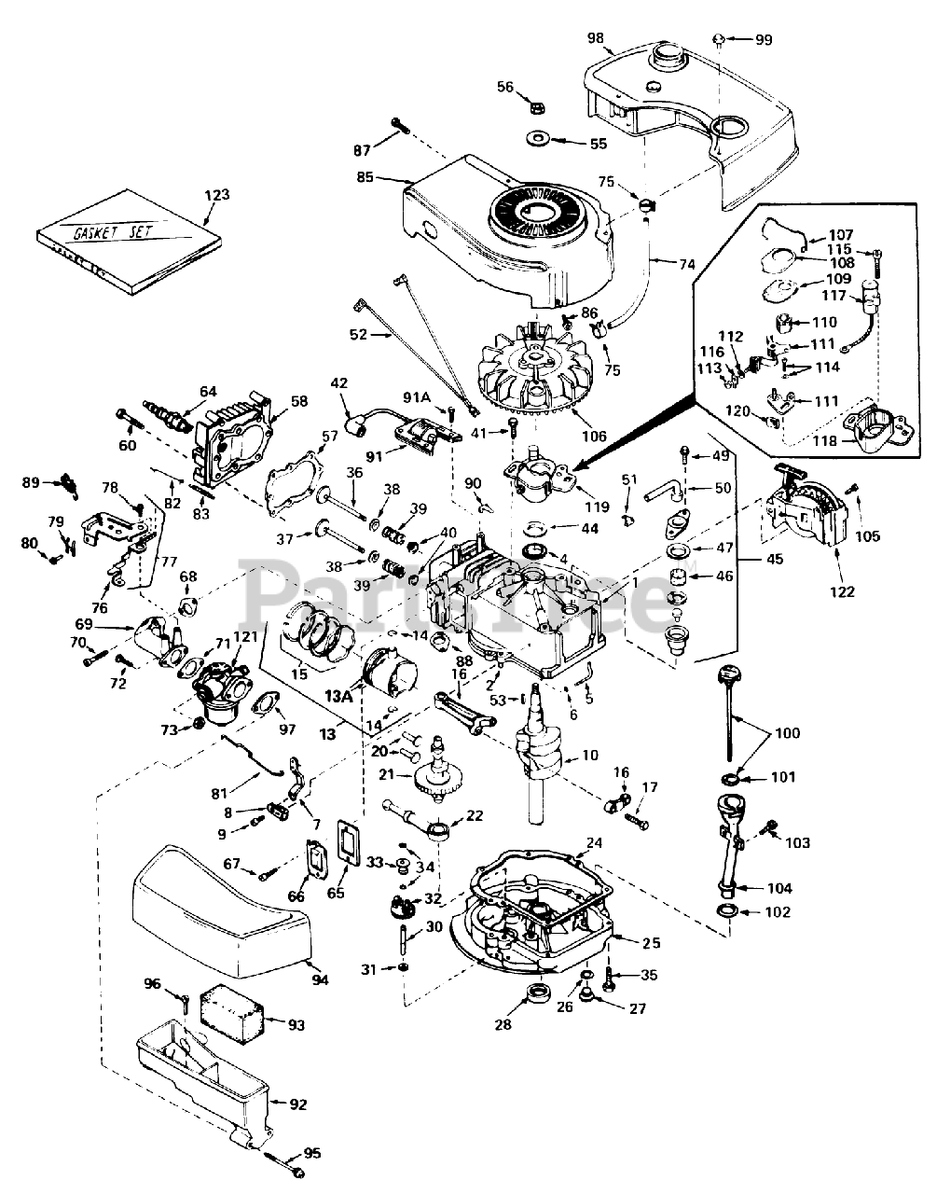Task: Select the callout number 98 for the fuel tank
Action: [597, 39]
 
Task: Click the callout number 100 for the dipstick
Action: [788, 733]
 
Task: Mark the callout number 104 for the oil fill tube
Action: [779, 887]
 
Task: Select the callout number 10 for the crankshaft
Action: [589, 755]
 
